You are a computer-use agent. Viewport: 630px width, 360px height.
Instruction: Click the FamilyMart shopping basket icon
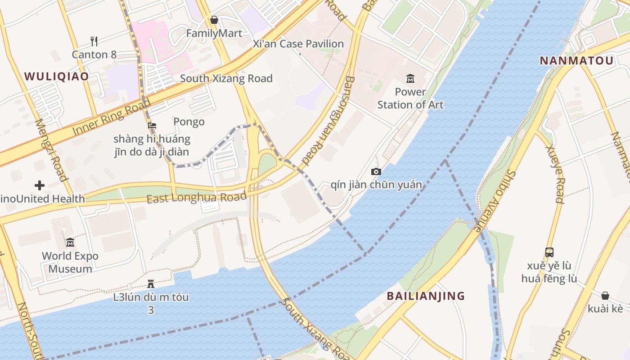tap(214, 20)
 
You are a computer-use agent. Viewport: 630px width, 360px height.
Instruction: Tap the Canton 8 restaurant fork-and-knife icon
tap(94, 41)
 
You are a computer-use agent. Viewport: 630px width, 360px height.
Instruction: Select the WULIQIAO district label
tap(57, 76)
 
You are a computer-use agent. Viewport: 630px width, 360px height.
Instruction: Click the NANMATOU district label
tap(576, 61)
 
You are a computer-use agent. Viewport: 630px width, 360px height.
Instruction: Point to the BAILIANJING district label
tap(426, 296)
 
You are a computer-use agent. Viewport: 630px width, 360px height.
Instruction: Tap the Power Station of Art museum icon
tap(410, 79)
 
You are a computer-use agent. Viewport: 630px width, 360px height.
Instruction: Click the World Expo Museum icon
tap(70, 243)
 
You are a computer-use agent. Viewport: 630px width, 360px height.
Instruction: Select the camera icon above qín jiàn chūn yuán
tap(376, 171)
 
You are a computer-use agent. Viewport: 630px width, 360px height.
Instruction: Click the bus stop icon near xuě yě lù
tap(549, 252)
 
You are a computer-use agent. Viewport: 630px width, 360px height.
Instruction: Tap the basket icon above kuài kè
tap(605, 296)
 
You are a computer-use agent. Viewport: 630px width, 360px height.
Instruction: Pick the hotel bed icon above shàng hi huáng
tap(152, 126)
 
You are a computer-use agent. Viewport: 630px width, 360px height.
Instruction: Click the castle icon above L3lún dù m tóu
tap(151, 284)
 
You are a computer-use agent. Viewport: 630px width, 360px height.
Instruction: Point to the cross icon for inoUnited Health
tap(40, 185)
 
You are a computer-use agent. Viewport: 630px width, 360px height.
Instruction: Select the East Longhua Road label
tap(197, 198)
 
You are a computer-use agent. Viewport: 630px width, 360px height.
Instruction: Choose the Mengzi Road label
tap(51, 150)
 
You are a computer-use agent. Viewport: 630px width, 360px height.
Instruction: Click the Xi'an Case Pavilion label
tap(298, 44)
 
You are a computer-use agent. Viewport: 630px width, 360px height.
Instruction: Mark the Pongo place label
tap(189, 122)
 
